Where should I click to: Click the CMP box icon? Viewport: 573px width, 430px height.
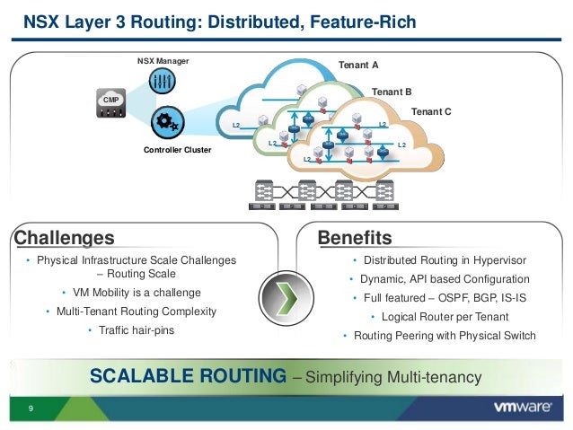click(x=111, y=101)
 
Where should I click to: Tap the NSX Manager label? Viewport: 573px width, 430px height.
click(x=163, y=62)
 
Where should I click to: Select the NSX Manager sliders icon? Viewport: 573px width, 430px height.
click(x=163, y=82)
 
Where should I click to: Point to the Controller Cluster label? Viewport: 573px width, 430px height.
click(x=178, y=150)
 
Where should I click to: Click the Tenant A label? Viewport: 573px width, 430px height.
click(x=357, y=66)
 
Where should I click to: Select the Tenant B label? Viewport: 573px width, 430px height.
click(x=391, y=92)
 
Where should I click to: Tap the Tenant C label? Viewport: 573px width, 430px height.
click(x=430, y=111)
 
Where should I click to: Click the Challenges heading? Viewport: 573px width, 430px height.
click(x=64, y=238)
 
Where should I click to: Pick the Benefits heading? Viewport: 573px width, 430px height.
click(x=355, y=238)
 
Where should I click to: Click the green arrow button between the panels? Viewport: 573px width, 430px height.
click(x=286, y=295)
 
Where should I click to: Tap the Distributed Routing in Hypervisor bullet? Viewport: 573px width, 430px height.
click(x=444, y=260)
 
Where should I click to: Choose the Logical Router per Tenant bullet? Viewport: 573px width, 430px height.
click(x=444, y=317)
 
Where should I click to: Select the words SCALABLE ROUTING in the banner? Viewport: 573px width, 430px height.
click(x=189, y=375)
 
